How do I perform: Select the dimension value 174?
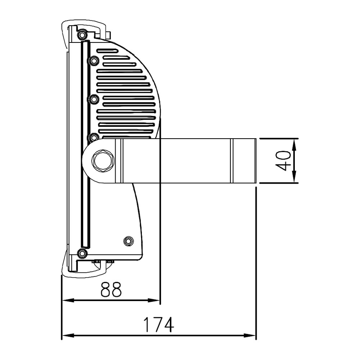(158, 325)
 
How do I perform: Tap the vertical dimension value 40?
(283, 161)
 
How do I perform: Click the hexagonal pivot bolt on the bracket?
(103, 161)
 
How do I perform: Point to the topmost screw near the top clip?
(82, 35)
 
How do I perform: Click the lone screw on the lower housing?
(129, 241)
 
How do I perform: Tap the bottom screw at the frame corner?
(82, 253)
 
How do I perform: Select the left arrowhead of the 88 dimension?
(68, 300)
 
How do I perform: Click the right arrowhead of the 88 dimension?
(154, 300)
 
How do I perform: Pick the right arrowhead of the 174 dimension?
(249, 336)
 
